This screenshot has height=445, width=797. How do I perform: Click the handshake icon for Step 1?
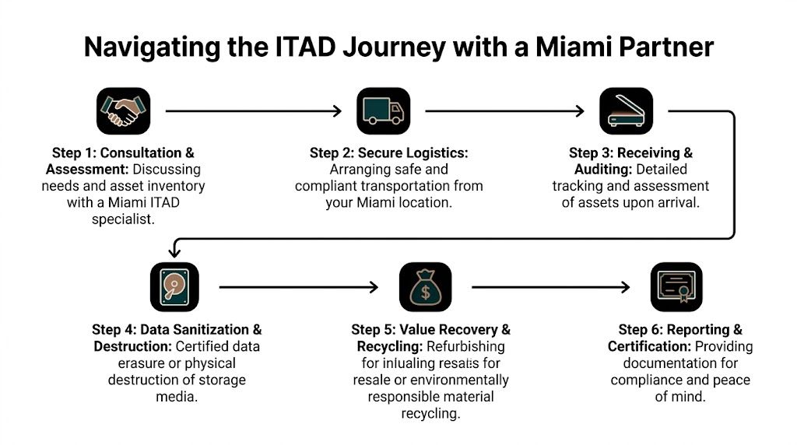(x=123, y=111)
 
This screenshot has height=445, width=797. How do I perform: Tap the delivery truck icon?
(x=383, y=111)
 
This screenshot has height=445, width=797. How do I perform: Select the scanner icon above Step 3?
(x=625, y=111)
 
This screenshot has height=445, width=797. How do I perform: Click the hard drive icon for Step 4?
(x=174, y=287)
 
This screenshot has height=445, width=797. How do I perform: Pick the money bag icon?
(x=424, y=287)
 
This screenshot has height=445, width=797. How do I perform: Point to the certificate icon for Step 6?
(x=675, y=287)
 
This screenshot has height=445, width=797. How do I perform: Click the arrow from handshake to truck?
(x=253, y=111)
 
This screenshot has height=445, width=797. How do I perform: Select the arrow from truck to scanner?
(x=504, y=111)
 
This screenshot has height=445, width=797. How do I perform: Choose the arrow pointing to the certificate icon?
(x=550, y=287)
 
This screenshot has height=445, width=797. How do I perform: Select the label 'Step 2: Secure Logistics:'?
(x=388, y=152)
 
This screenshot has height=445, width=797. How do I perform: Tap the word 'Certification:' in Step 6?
(x=649, y=346)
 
